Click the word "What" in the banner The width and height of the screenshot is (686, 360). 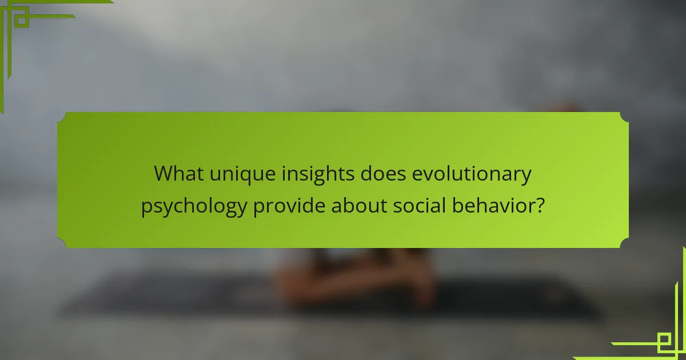177,174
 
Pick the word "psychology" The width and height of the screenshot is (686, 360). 194,206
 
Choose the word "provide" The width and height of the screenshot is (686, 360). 289,206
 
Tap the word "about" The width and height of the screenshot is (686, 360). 359,205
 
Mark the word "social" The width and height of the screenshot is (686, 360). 420,205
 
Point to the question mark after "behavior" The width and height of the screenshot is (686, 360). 538,205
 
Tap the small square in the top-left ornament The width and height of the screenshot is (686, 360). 21,20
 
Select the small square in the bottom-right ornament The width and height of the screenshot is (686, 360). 665,341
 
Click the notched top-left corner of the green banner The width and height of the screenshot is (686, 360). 61,116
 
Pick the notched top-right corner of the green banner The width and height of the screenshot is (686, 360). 625,116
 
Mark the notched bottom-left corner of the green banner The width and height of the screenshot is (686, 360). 61,244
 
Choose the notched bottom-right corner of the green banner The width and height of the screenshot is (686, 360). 625,244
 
